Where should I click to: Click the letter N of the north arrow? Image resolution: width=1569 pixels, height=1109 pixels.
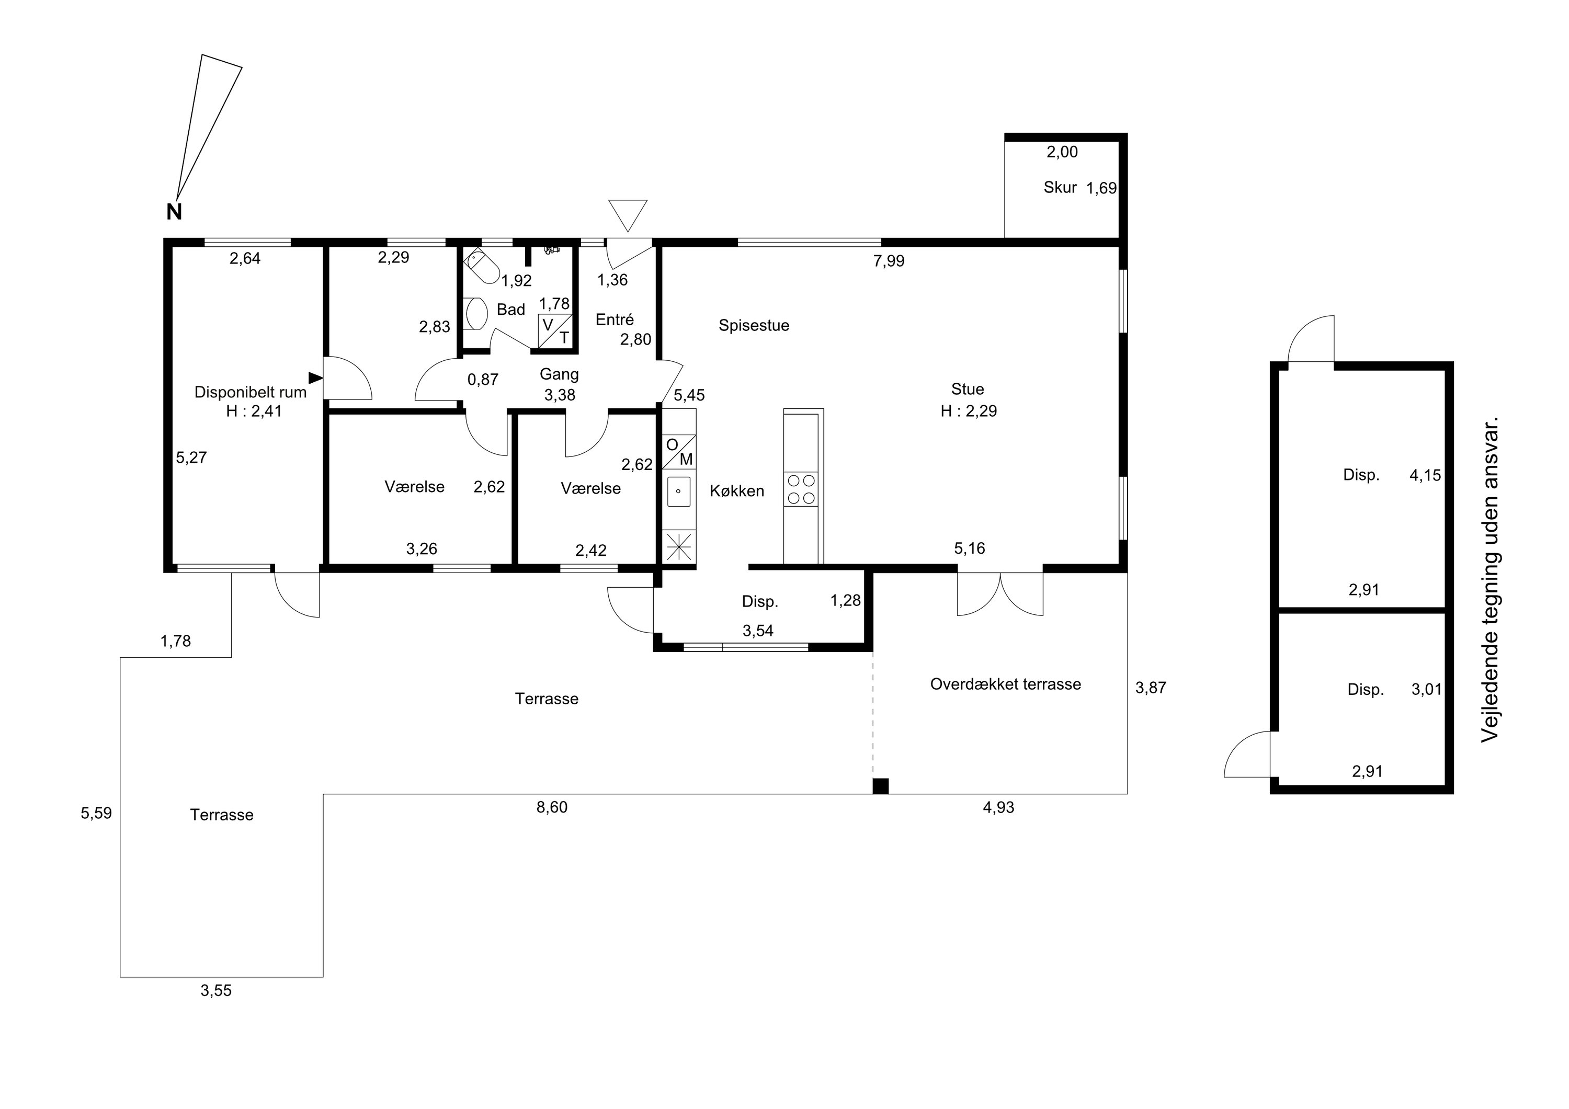point(174,212)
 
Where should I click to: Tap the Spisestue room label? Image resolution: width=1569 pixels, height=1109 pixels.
point(754,325)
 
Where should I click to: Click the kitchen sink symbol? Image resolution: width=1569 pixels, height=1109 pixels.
point(678,490)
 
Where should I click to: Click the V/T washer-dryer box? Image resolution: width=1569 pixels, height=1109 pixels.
point(555,331)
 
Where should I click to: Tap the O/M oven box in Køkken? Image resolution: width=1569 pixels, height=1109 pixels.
point(678,452)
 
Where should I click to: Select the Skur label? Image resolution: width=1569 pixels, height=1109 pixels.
point(1060,187)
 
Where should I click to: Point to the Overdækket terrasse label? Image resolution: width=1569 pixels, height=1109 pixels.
point(1006,684)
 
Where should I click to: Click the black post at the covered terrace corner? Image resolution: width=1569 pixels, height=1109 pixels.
point(880,786)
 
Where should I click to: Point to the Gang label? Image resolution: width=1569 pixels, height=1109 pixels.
point(559,374)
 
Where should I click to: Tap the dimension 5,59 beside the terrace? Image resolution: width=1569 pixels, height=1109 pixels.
point(96,813)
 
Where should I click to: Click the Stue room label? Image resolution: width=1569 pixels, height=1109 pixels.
point(968,389)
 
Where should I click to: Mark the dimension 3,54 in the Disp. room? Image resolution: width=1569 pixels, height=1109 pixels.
point(758,631)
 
